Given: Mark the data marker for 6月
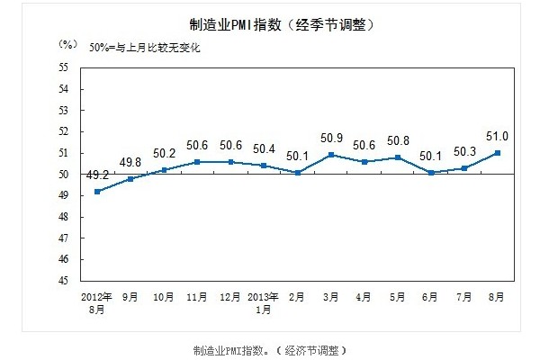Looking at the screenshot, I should tap(432, 172).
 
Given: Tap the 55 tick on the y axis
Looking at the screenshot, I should tap(64, 67).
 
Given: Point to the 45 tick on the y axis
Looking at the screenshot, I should tap(64, 281).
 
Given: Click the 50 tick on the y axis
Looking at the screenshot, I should tap(64, 175).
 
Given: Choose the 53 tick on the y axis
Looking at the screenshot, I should tap(64, 111).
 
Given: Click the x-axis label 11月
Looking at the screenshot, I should tap(197, 295).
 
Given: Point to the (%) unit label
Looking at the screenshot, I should tap(67, 44).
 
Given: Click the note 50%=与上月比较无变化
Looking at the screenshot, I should tap(145, 48).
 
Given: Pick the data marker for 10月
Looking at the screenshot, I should tap(165, 170).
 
